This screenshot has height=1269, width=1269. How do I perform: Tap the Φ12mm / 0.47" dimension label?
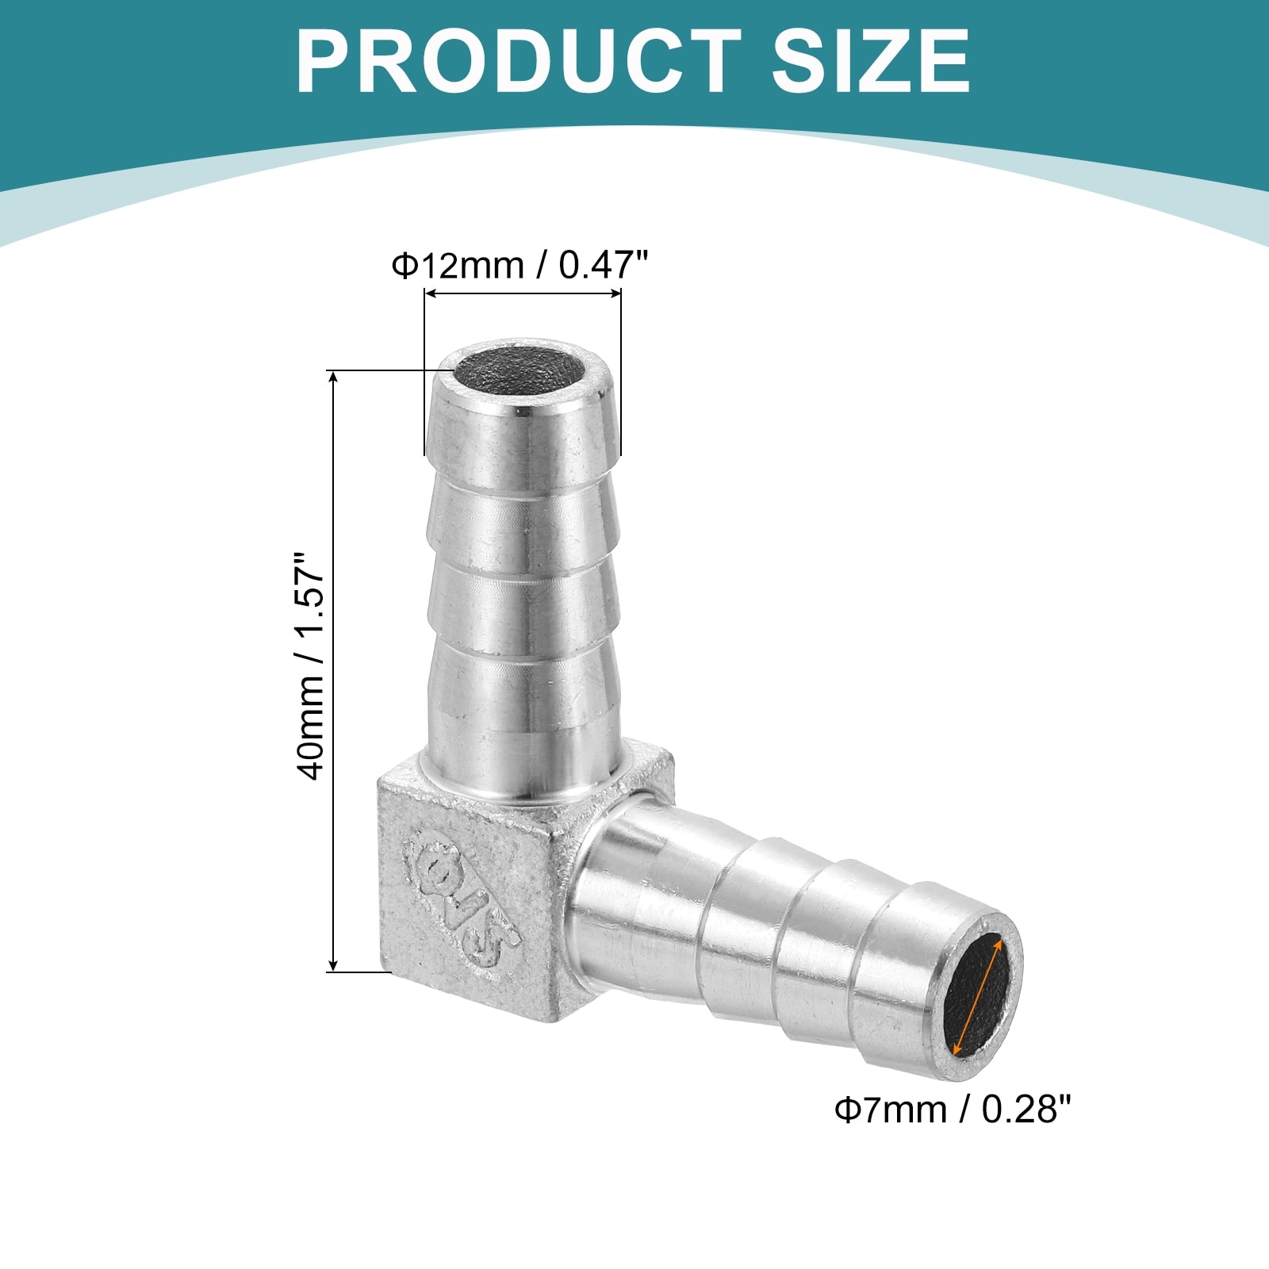pos(520,265)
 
